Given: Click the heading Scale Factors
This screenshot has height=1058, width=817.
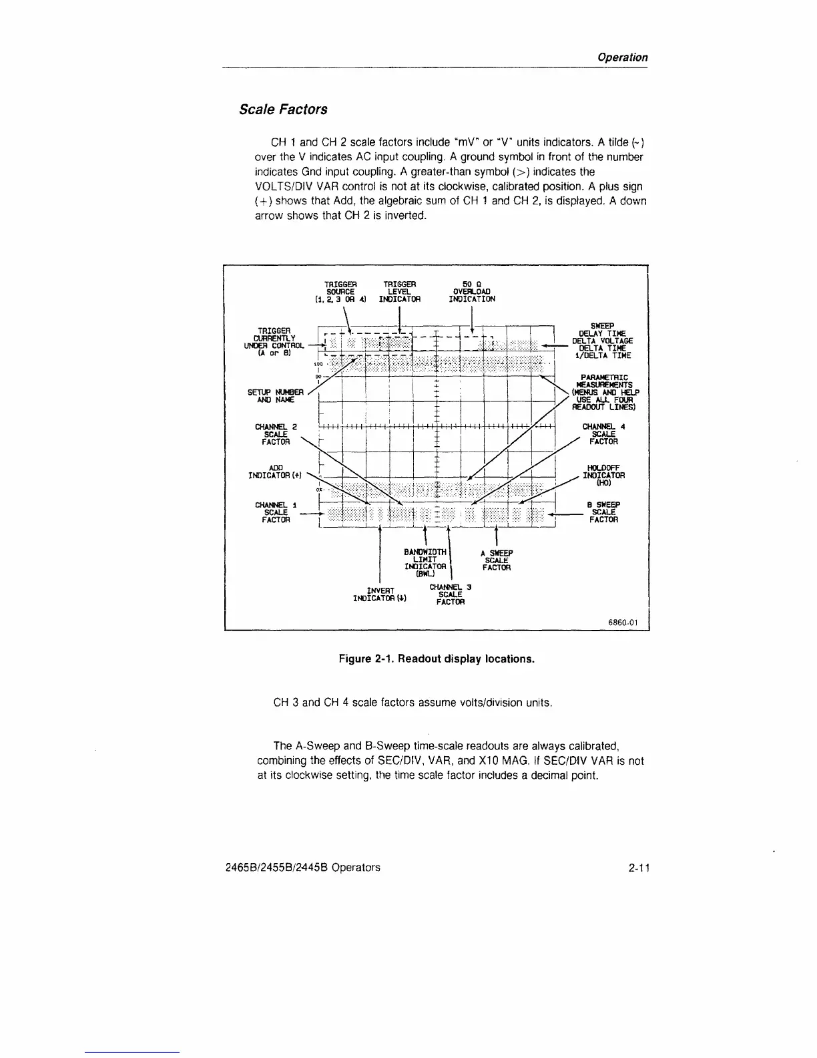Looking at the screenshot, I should point(283,109).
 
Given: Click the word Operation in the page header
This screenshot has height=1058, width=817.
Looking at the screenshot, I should point(621,57).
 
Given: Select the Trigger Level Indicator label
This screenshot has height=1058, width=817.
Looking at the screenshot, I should point(399,291).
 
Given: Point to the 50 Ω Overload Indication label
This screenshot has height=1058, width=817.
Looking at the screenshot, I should point(472,291).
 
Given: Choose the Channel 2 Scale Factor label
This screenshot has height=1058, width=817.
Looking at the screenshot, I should point(276,434).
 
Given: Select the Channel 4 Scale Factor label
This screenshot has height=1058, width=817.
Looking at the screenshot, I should point(603,433).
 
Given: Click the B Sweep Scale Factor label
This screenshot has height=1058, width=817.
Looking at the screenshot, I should point(603,512).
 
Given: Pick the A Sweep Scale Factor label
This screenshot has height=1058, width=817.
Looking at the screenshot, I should point(497,560).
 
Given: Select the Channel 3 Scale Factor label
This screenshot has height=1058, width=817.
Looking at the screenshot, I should point(451,594).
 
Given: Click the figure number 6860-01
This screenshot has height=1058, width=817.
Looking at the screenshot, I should point(623,623).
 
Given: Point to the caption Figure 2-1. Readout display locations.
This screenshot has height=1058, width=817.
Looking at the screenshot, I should point(437,659).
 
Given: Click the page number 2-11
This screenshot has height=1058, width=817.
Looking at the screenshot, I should point(639,868).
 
